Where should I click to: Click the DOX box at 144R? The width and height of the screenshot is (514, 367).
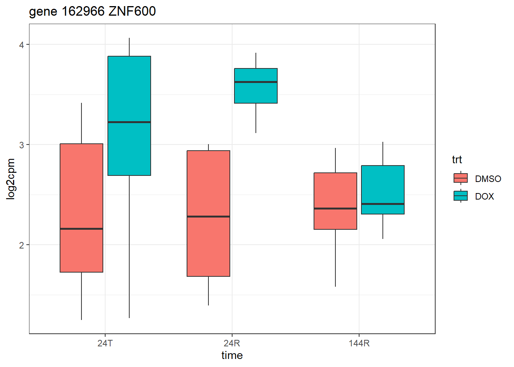(x=383, y=183)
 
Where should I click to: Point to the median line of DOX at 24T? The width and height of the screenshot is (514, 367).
(x=129, y=122)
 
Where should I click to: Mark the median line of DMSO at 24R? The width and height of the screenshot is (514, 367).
(x=208, y=216)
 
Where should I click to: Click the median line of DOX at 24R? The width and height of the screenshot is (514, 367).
(x=256, y=82)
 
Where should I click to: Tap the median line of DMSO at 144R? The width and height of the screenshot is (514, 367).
(x=335, y=208)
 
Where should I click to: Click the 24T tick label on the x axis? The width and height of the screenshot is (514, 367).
(x=105, y=343)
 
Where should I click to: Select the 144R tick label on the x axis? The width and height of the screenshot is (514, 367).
(x=359, y=343)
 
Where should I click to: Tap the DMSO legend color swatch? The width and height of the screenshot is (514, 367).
(x=460, y=178)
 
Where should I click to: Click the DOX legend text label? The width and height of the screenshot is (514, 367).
(x=485, y=196)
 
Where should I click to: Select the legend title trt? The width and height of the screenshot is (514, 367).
(x=457, y=159)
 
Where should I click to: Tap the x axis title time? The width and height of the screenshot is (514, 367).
(x=232, y=356)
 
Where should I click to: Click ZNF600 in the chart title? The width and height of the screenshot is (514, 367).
(x=132, y=11)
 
